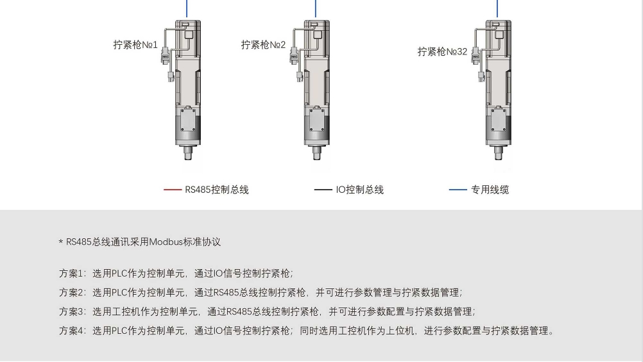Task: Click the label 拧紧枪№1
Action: pyautogui.click(x=135, y=45)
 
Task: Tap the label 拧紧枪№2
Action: pyautogui.click(x=263, y=45)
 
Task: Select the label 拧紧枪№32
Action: pyautogui.click(x=443, y=52)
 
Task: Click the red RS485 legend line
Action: pyautogui.click(x=173, y=190)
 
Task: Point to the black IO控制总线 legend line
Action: pyautogui.click(x=323, y=190)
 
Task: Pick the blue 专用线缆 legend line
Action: pyautogui.click(x=458, y=190)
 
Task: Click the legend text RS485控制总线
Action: pyautogui.click(x=217, y=190)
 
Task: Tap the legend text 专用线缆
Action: pyautogui.click(x=490, y=190)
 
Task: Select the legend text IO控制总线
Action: pyautogui.click(x=359, y=190)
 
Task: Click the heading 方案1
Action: pyautogui.click(x=71, y=273)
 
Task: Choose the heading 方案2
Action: pyautogui.click(x=72, y=292)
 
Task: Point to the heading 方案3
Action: pyautogui.click(x=72, y=311)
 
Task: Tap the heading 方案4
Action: pyautogui.click(x=72, y=331)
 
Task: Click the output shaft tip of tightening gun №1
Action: pyautogui.click(x=188, y=157)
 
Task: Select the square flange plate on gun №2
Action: pyautogui.click(x=317, y=120)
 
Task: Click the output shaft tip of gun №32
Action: pyautogui.click(x=499, y=157)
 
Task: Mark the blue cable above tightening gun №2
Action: pyautogui.click(x=316, y=8)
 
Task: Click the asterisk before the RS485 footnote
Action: pyautogui.click(x=61, y=242)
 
